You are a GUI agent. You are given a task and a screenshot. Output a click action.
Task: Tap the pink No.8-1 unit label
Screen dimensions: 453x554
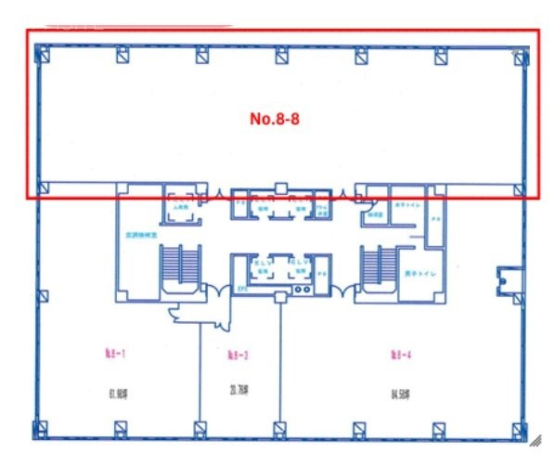coord(114,352)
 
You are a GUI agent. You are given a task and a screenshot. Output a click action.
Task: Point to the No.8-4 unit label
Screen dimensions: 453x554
coord(401,353)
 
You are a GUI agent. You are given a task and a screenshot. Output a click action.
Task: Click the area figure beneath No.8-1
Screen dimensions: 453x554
coord(117,393)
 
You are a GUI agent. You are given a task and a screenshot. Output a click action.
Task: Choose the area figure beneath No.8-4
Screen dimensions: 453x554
coord(401,393)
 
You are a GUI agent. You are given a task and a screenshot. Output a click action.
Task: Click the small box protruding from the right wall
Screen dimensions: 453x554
coord(509,277)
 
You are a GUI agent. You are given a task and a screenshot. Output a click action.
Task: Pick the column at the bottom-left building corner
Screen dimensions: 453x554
coord(41,430)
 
